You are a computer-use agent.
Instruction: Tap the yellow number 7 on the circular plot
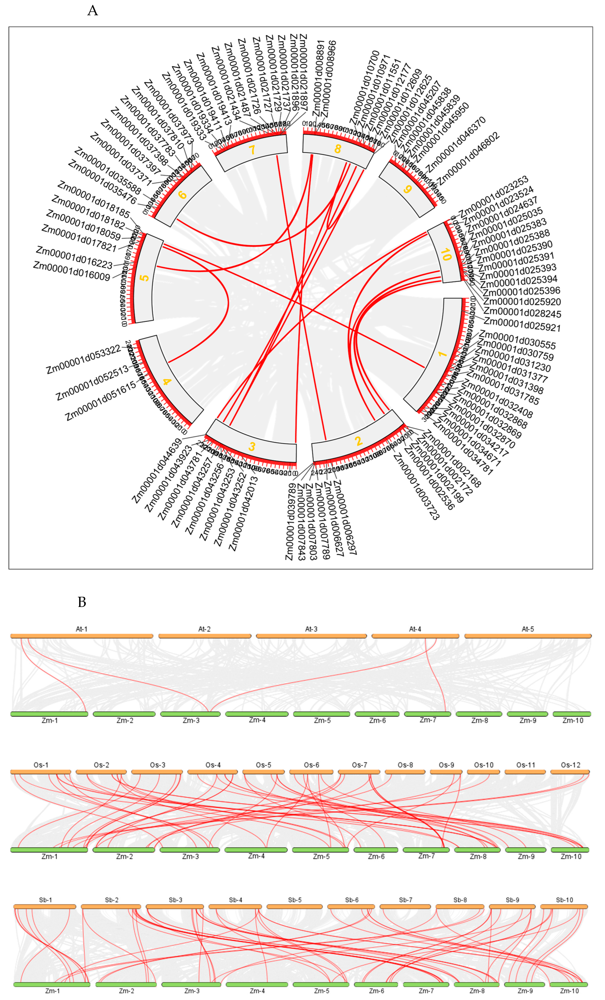coord(252,150)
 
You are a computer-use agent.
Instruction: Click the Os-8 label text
coord(405,765)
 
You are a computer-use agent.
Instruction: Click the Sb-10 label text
coord(564,900)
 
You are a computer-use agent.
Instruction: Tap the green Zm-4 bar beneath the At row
coord(257,714)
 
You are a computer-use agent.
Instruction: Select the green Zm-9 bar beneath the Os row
coord(526,850)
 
